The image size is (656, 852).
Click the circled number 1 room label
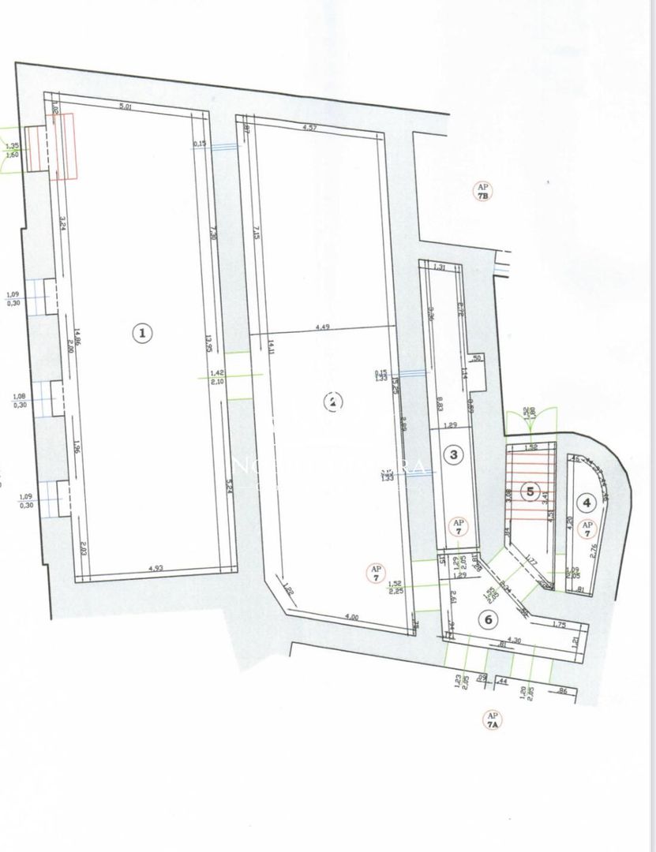pos(142,334)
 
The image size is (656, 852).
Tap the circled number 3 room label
pos(453,454)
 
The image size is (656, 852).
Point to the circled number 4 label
pos(586,500)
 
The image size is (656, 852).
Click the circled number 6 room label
pos(489,619)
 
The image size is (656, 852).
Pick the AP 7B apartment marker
pos(482,191)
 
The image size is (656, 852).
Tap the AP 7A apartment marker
pos(493,719)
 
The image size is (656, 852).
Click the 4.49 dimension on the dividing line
pos(322,327)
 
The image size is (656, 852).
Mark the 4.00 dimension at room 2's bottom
pos(350,618)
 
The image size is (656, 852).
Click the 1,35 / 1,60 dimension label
pos(12,150)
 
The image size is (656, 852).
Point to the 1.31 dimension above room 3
pos(440,268)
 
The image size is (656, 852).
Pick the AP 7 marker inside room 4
pos(587,528)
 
